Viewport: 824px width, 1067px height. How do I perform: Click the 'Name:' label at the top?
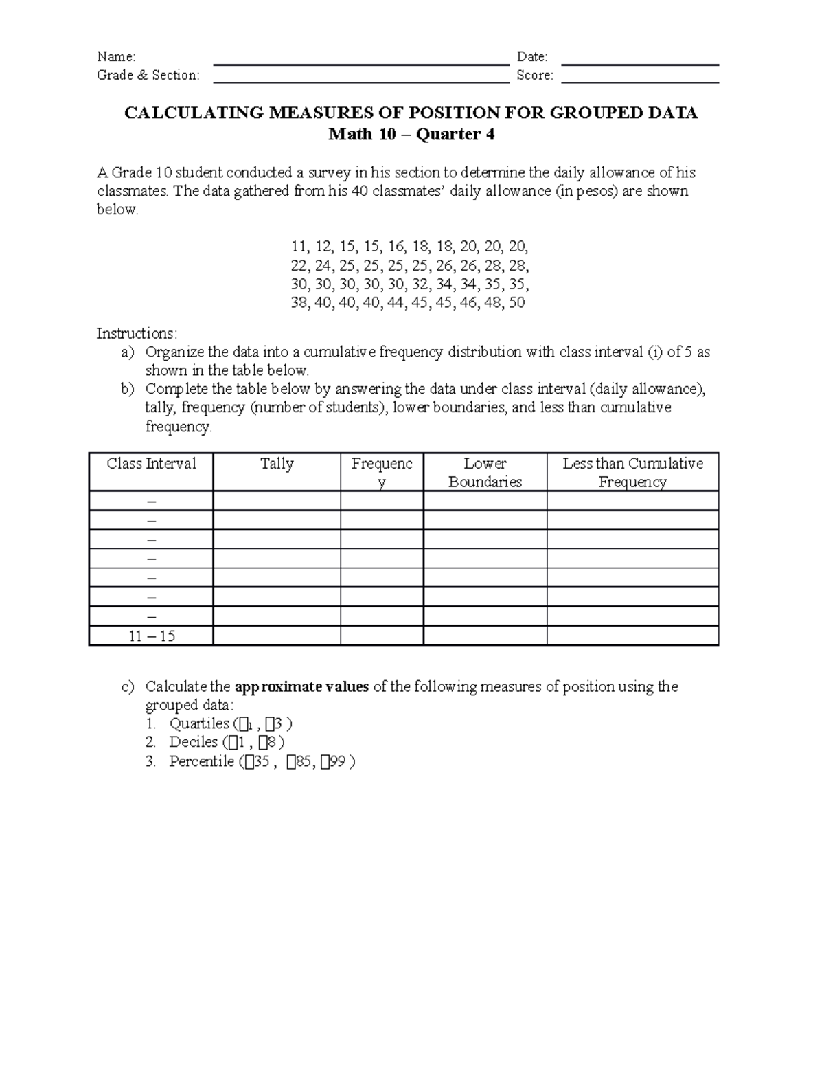[x=116, y=57]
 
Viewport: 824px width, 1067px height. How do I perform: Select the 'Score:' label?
[x=534, y=76]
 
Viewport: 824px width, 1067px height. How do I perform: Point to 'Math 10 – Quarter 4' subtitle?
[x=411, y=134]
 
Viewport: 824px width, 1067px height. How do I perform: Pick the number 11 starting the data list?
[x=299, y=247]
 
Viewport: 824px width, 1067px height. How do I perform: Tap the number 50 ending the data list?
[x=516, y=302]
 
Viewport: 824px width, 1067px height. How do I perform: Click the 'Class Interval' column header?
[x=151, y=464]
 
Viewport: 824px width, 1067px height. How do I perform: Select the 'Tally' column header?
[x=277, y=464]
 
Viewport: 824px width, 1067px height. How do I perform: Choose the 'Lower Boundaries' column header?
[x=485, y=473]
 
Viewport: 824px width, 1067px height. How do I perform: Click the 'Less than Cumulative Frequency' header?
[x=632, y=473]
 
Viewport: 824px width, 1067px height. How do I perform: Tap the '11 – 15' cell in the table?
[x=152, y=636]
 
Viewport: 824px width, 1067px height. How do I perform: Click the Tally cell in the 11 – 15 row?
[x=277, y=636]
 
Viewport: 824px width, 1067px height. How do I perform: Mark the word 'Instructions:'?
[x=137, y=334]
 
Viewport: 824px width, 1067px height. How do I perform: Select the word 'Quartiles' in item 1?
[x=199, y=723]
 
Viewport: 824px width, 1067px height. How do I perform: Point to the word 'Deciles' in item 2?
[x=193, y=742]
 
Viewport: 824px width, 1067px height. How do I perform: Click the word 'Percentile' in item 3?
[x=201, y=761]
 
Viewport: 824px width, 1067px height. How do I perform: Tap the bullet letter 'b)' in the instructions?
[x=128, y=390]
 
